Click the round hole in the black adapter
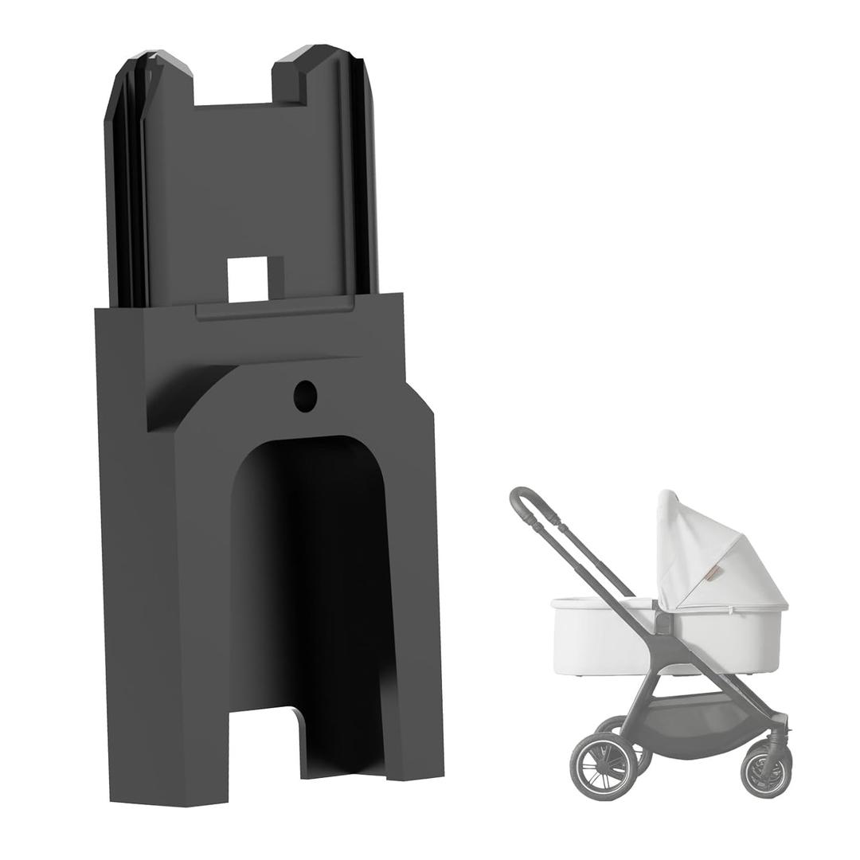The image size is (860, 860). tap(305, 396)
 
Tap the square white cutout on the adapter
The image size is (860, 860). tap(246, 279)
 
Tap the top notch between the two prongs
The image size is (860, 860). tap(233, 88)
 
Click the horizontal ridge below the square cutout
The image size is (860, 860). tap(275, 309)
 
